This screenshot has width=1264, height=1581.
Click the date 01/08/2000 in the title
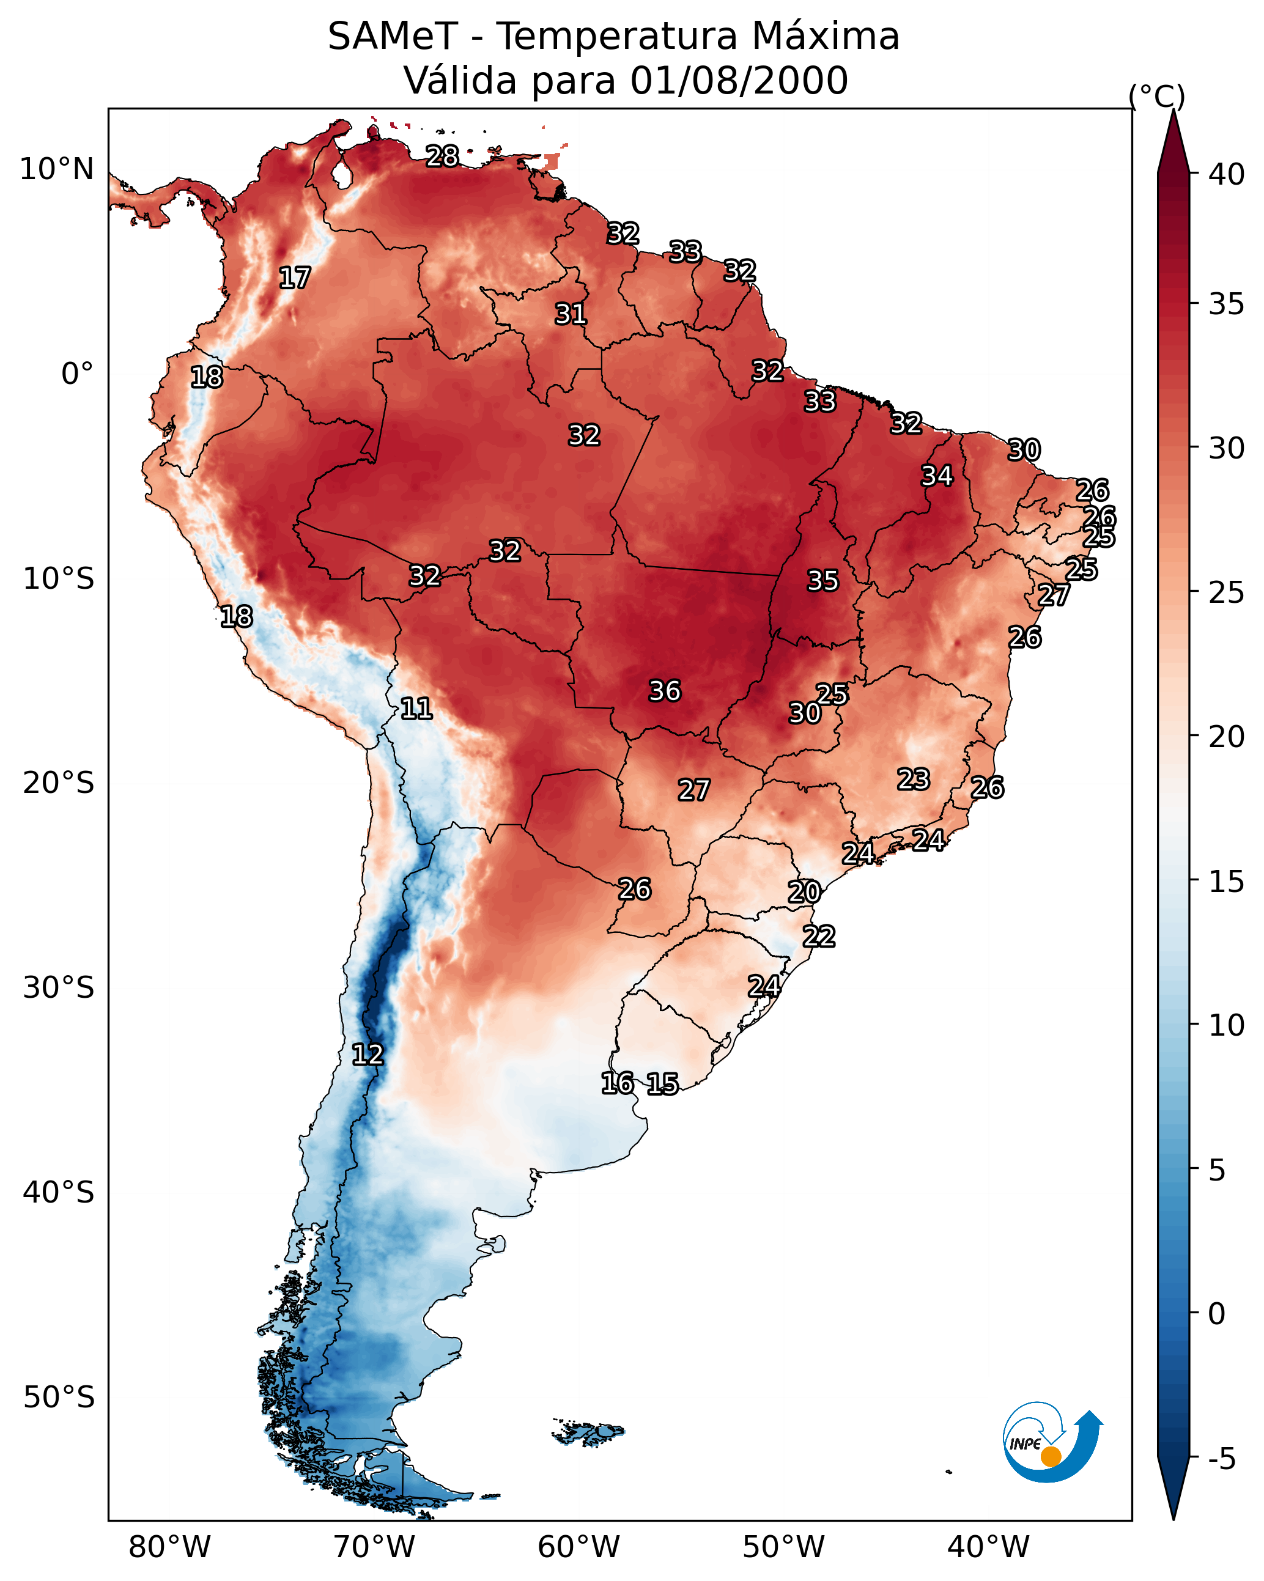click(x=739, y=81)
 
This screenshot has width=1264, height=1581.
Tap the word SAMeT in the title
click(x=393, y=37)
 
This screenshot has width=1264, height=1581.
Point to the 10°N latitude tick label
click(x=56, y=169)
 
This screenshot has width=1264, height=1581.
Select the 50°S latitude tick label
click(x=59, y=1398)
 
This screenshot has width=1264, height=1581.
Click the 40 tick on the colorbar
click(x=1227, y=174)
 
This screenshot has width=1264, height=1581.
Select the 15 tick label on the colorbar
click(x=1227, y=882)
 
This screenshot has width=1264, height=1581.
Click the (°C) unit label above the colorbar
click(x=1157, y=96)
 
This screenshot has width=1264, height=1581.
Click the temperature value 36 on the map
click(x=665, y=691)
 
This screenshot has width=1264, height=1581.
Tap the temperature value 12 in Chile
click(x=368, y=1055)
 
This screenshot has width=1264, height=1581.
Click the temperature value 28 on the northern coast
click(x=442, y=156)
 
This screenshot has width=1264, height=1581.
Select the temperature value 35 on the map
click(x=822, y=581)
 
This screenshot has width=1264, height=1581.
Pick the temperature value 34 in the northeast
click(x=937, y=476)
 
